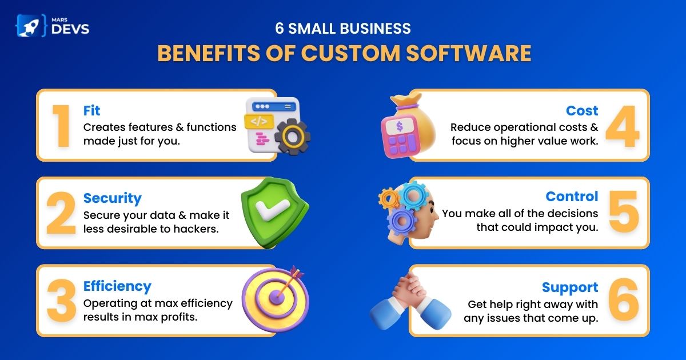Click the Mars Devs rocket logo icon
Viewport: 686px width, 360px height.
point(31,26)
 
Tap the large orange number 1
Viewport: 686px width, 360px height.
point(62,126)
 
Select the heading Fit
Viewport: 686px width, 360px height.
point(91,110)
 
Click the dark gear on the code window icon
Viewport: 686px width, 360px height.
point(293,136)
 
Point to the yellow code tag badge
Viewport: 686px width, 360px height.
point(259,122)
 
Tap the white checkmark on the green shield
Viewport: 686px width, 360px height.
point(272,209)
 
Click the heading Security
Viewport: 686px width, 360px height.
point(113,198)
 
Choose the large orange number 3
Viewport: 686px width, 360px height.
point(62,301)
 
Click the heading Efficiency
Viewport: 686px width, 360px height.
point(117,286)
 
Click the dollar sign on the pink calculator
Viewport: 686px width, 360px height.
point(400,126)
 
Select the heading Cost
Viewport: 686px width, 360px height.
point(582,110)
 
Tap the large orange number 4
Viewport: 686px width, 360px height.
point(623,126)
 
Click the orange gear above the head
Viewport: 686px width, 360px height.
point(389,198)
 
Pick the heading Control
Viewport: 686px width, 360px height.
point(572,197)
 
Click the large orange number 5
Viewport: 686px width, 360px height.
point(624,211)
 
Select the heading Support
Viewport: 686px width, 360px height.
point(570,287)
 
